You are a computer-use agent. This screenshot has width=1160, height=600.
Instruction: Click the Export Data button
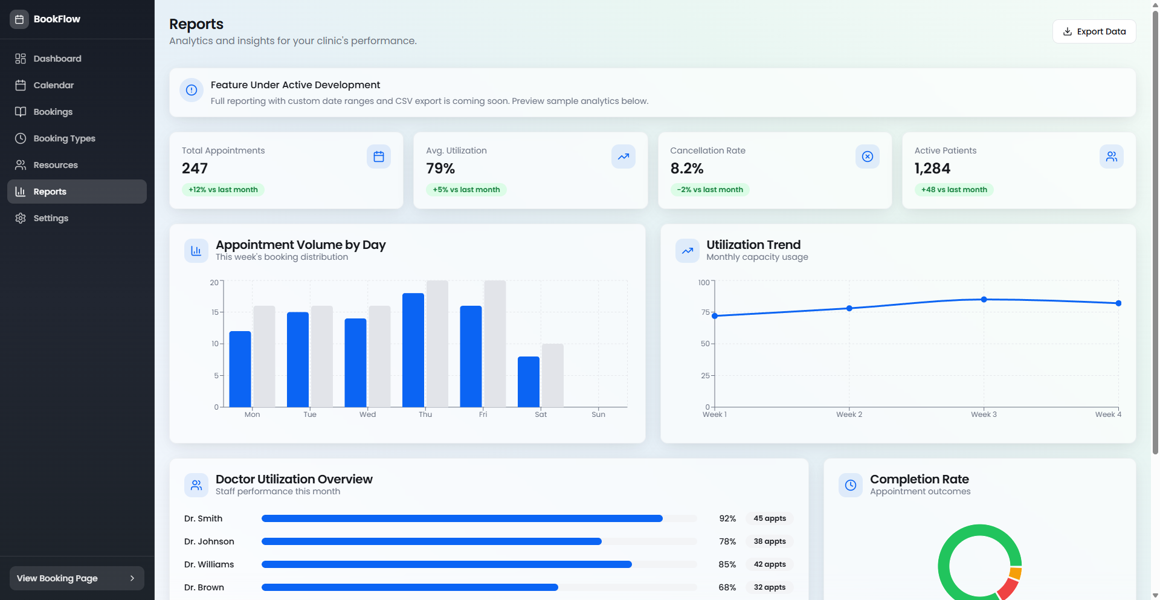1094,31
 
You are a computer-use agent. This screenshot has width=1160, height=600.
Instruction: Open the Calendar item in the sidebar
53,85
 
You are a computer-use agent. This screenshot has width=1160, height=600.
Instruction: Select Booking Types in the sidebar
64,138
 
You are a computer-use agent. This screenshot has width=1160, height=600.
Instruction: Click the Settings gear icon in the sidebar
21,218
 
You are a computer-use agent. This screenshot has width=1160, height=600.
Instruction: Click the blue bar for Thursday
413,350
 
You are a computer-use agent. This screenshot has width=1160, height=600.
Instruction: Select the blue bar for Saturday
529,382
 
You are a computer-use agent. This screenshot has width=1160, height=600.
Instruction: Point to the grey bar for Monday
264,356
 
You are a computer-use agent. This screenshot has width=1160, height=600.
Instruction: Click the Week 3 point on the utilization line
984,300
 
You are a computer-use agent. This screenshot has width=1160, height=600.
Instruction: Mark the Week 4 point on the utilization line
1118,303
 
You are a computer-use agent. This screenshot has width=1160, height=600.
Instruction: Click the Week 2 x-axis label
849,415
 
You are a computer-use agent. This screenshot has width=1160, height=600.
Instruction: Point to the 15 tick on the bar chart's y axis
215,312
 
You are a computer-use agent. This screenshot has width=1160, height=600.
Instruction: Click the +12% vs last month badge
223,190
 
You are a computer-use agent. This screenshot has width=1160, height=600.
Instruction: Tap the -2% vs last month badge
710,190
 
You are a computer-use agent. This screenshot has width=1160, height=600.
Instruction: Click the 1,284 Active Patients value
932,169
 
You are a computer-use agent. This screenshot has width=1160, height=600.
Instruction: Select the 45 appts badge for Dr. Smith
769,518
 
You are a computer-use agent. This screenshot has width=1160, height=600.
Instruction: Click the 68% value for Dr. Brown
727,587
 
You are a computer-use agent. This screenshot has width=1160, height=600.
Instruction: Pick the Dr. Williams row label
209,564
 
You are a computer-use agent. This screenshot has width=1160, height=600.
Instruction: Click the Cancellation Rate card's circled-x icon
867,156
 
